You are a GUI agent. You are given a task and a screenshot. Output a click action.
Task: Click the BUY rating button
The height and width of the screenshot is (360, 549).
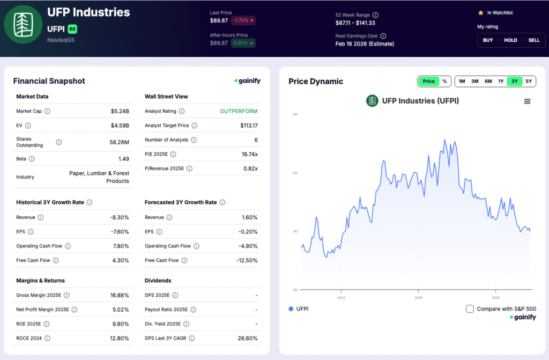click(488, 40)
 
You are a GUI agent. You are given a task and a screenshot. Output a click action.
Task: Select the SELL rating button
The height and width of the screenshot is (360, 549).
click(534, 40)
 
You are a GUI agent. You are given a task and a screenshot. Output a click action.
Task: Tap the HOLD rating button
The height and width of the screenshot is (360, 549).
click(510, 40)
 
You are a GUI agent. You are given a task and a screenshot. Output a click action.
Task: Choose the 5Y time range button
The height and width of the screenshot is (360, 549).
click(529, 82)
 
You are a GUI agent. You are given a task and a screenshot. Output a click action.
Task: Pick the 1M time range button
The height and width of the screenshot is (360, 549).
click(462, 82)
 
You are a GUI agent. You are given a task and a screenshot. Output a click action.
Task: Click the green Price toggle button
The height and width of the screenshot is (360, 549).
click(428, 82)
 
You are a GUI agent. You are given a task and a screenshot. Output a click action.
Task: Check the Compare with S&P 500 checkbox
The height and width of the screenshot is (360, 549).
click(470, 309)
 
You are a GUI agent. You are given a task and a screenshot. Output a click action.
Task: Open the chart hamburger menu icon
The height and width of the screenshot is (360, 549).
click(527, 101)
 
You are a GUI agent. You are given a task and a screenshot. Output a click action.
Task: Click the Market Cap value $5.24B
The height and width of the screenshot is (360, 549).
click(120, 111)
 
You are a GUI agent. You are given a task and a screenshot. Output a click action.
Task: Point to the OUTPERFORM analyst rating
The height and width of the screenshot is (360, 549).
click(239, 111)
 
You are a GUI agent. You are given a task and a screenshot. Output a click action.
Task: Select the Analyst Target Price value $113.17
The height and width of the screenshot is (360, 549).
click(249, 126)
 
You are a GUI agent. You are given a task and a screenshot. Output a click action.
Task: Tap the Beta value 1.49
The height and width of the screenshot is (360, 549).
click(123, 159)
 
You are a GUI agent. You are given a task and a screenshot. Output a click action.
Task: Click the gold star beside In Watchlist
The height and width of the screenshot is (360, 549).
click(480, 12)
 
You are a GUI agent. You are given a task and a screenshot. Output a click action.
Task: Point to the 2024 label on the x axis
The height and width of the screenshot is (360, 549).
click(418, 297)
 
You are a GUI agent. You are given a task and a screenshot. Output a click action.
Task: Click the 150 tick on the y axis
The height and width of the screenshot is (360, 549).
click(294, 114)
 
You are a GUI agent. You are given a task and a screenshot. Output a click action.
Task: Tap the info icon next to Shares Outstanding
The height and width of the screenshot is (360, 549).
click(59, 142)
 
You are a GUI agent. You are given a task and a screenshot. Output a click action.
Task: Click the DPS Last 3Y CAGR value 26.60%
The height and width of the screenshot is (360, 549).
click(247, 339)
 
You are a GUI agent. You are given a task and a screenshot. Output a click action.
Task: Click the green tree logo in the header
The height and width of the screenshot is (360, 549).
click(23, 24)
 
